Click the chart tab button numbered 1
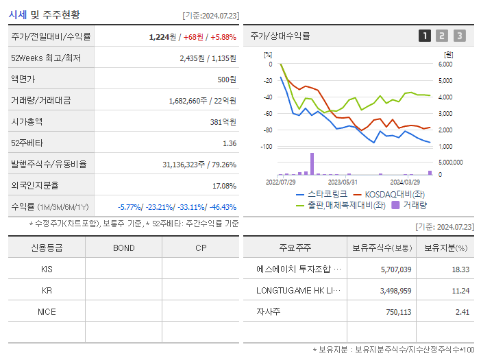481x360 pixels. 425,36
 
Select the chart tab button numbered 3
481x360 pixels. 459,36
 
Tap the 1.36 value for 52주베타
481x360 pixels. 230,143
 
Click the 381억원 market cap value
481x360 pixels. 222,122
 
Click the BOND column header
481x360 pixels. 124,248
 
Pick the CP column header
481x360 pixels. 201,248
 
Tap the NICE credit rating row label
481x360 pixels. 47,311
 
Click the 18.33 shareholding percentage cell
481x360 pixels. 460,269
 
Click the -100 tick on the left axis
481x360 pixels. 267,147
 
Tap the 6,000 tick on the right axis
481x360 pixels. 445,64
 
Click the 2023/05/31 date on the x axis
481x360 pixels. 343,182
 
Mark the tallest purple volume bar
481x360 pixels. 312,164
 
